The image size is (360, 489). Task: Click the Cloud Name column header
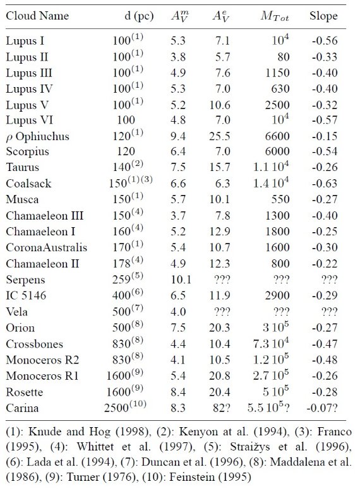(x=37, y=16)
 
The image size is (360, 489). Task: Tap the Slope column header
(x=323, y=16)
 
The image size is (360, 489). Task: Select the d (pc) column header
(x=139, y=16)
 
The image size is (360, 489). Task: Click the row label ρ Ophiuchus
(x=37, y=136)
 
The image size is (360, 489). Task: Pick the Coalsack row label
(x=28, y=184)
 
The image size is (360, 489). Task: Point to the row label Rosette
(x=24, y=392)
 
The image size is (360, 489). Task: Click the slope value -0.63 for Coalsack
(x=325, y=184)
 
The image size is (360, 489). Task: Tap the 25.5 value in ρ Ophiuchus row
(x=220, y=136)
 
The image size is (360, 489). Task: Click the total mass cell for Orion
(x=276, y=326)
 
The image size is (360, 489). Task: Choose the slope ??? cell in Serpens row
(x=330, y=279)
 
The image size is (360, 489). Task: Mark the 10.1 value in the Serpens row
(x=181, y=280)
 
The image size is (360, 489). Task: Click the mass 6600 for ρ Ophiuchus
(x=277, y=136)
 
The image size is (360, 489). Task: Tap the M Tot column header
(x=275, y=16)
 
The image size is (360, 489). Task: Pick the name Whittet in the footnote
(x=95, y=447)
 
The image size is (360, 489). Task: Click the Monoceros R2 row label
(x=42, y=360)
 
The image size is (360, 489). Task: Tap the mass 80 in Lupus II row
(x=283, y=57)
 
